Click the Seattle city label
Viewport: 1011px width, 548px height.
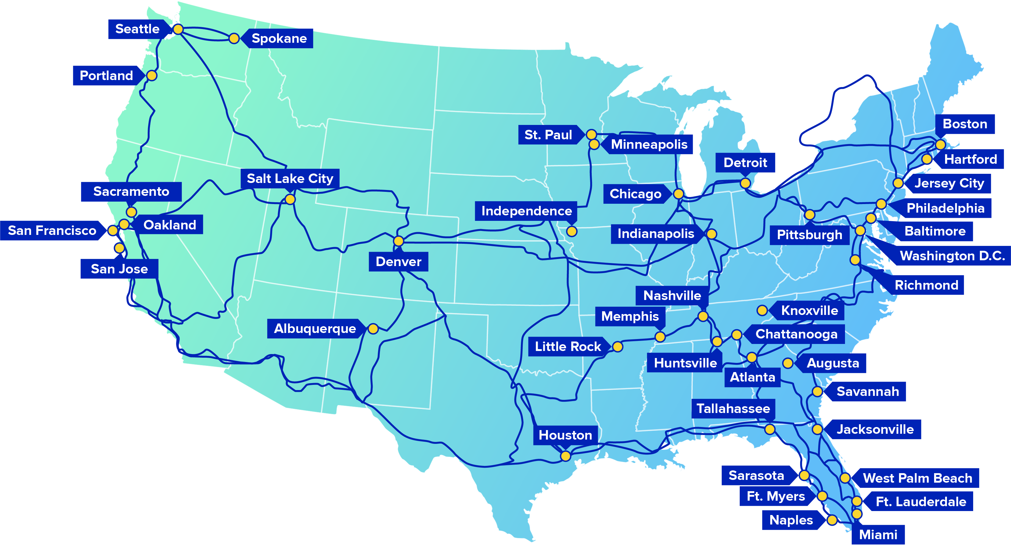coord(137,29)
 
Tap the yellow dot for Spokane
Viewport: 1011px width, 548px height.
coord(234,38)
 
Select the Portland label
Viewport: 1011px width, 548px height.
coord(106,75)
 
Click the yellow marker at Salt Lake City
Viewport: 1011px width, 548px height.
coord(290,199)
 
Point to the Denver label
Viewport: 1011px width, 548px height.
coord(398,261)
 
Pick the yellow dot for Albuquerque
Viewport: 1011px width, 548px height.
coord(373,328)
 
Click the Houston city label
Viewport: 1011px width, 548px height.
coord(565,435)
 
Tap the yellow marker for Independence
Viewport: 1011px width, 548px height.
coord(572,231)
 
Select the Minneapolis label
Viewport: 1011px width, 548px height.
coord(649,144)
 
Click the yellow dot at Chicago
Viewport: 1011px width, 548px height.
coord(678,194)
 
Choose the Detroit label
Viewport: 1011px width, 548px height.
coord(745,163)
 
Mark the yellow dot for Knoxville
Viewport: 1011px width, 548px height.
coord(762,310)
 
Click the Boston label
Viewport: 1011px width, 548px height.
coord(965,124)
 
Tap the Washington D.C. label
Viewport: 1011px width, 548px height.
coord(952,256)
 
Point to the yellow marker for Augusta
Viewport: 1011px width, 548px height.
coord(788,363)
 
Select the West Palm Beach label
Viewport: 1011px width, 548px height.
coord(918,478)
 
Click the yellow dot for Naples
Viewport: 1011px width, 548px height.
coord(832,520)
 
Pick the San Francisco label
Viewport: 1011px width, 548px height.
coord(52,231)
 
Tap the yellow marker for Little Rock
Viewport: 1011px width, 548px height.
coord(618,346)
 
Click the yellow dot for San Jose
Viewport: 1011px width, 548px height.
coord(119,248)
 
